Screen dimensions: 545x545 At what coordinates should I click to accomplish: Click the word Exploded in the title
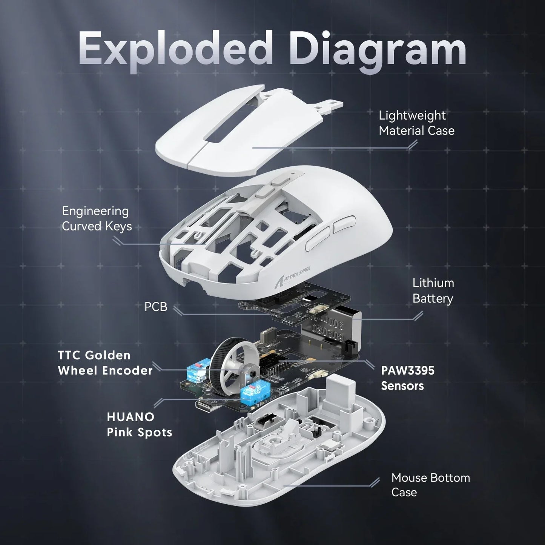(x=175, y=49)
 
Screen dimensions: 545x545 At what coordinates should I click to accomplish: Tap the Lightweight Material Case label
(x=416, y=123)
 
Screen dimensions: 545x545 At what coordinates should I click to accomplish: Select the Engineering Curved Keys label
(x=97, y=218)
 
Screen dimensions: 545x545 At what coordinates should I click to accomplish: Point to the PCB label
(x=156, y=307)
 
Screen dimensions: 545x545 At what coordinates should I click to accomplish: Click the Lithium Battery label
(x=433, y=290)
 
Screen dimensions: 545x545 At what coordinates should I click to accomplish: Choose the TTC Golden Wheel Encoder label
(x=105, y=362)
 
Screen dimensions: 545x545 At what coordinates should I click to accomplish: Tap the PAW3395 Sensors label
(x=408, y=378)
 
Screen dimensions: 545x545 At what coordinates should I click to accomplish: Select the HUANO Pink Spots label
(x=139, y=424)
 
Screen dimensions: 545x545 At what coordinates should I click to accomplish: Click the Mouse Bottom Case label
(x=430, y=485)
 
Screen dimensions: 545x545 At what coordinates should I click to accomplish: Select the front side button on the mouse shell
(x=318, y=241)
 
